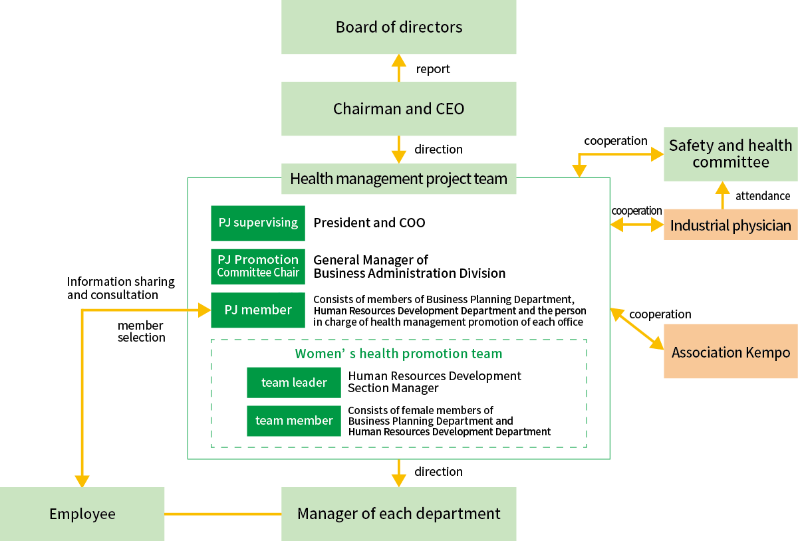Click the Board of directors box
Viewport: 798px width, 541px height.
point(398,27)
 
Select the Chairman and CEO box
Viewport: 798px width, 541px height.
point(398,109)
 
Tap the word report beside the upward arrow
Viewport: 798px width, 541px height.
point(433,69)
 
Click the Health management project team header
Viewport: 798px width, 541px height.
point(398,179)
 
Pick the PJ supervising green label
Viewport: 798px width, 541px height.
point(258,223)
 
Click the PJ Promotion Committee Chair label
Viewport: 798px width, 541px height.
point(258,266)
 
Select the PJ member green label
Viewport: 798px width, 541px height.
point(258,310)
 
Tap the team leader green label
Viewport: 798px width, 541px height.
point(294,382)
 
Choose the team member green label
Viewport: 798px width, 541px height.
point(294,421)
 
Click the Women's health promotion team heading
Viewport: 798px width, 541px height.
point(398,354)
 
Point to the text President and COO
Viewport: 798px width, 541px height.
point(369,223)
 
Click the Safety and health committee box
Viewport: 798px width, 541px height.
point(730,154)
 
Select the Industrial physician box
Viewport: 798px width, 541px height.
point(730,225)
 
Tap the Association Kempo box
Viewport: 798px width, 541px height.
point(730,352)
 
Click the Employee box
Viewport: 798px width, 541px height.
point(82,514)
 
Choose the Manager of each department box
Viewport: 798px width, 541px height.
point(398,514)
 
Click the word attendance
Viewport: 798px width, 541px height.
point(763,196)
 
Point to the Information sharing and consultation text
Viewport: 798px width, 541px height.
point(120,288)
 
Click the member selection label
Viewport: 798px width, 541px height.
point(141,332)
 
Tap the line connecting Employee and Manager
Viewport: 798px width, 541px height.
point(223,514)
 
